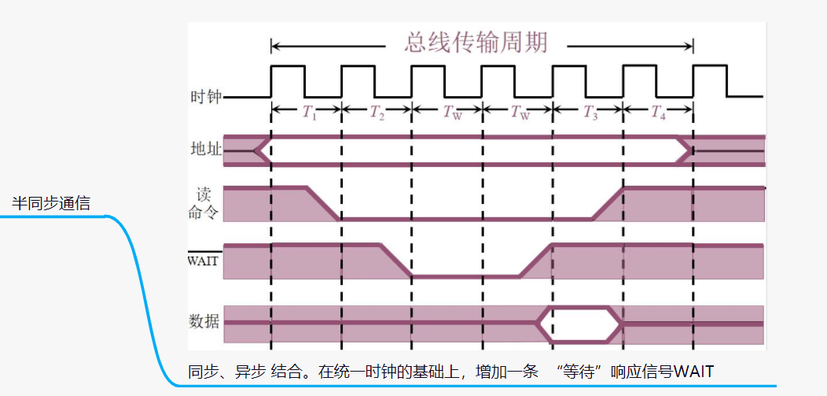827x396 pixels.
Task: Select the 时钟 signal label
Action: click(206, 98)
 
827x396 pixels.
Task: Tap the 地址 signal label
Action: click(206, 149)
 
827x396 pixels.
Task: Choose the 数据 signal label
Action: click(205, 321)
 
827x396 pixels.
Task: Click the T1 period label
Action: click(309, 113)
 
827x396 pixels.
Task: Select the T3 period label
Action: click(590, 113)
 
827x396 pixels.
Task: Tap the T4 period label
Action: click(659, 113)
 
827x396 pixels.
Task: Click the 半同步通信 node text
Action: click(51, 203)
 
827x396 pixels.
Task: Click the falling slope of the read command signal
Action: click(322, 203)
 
